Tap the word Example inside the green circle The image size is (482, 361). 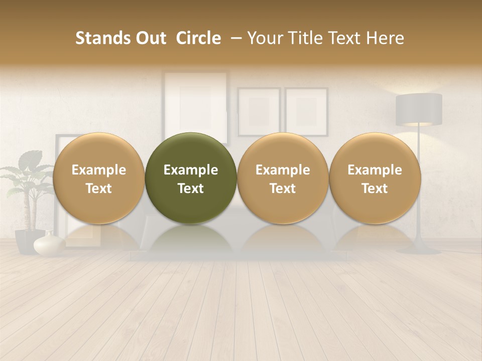click(191, 170)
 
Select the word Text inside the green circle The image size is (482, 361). click(191, 189)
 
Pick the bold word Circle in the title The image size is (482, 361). click(198, 38)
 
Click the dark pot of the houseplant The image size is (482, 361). click(28, 241)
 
